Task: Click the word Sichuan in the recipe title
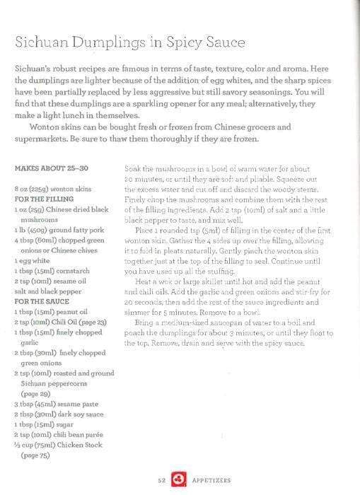coord(43,43)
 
